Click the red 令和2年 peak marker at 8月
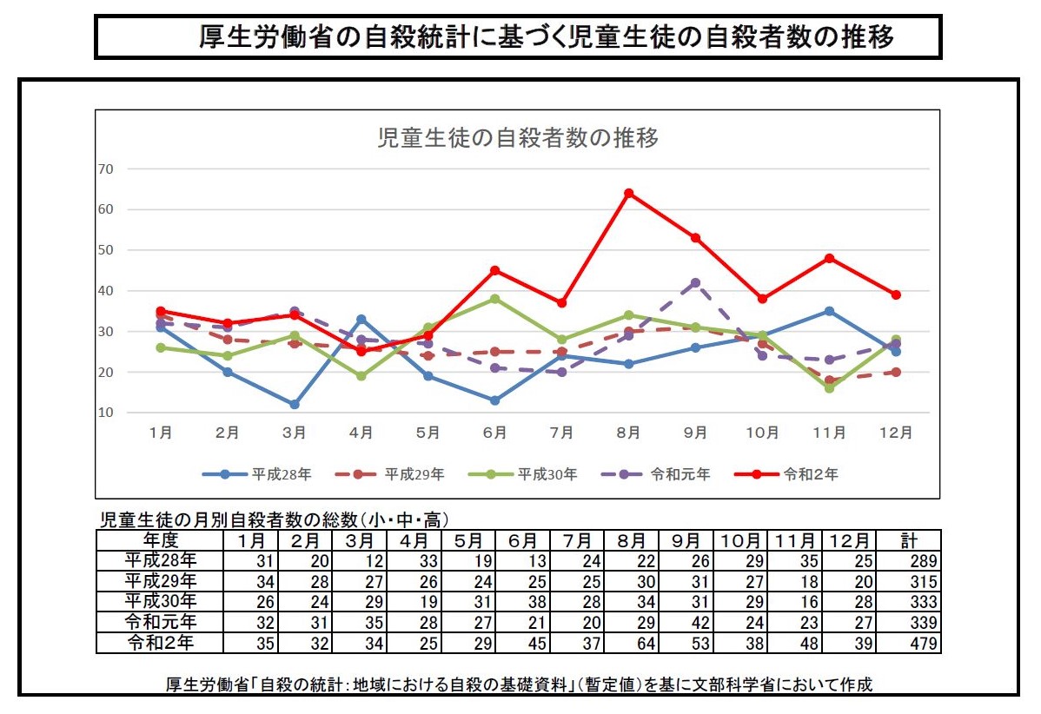pyautogui.click(x=628, y=193)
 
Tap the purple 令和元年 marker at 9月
pyautogui.click(x=695, y=282)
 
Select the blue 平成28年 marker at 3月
pyautogui.click(x=295, y=404)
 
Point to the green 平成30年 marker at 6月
pyautogui.click(x=494, y=299)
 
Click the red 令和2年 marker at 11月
pyautogui.click(x=829, y=258)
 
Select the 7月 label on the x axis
pyautogui.click(x=561, y=433)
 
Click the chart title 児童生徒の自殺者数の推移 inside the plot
pyautogui.click(x=517, y=138)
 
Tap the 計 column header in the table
pyautogui.click(x=909, y=540)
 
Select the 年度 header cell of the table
pyautogui.click(x=161, y=540)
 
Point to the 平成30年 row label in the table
pyautogui.click(x=161, y=602)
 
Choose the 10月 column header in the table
pyautogui.click(x=740, y=540)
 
